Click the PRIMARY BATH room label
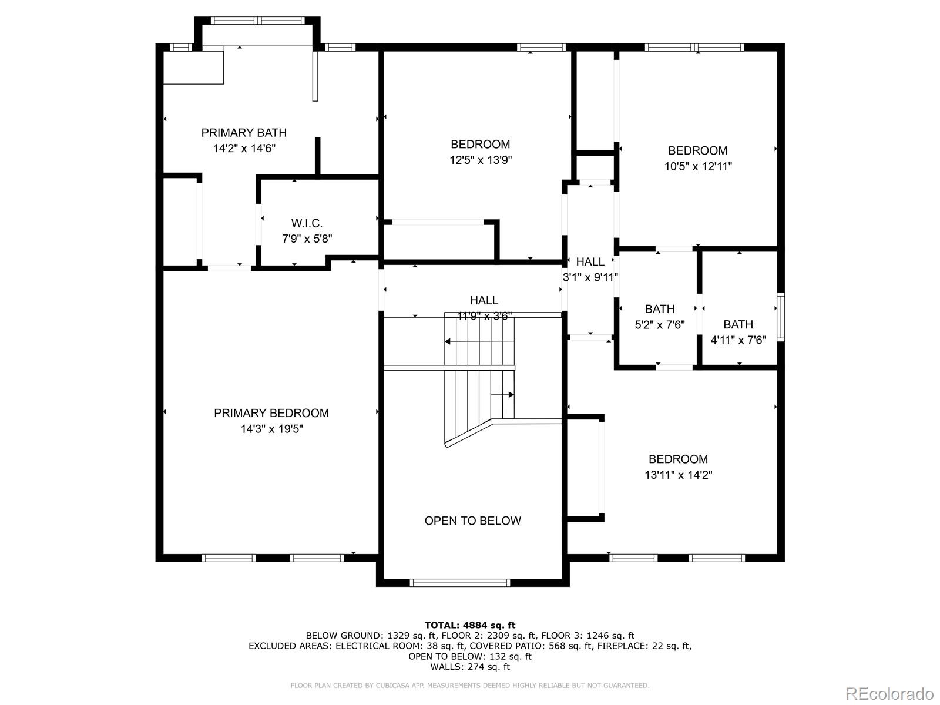click(244, 133)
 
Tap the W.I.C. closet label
click(307, 223)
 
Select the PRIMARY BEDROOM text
click(271, 413)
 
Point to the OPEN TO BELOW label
click(472, 521)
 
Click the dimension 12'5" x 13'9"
click(481, 160)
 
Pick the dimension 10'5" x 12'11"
click(698, 166)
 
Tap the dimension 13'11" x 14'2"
click(678, 475)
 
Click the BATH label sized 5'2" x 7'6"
click(659, 309)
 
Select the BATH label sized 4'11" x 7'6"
click(738, 324)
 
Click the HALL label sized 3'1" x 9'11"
click(590, 262)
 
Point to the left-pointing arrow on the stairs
click(448, 341)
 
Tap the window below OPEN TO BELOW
click(459, 583)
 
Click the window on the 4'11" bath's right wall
click(781, 317)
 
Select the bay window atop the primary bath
click(257, 21)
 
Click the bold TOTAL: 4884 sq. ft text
click(469, 625)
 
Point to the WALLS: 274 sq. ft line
click(469, 667)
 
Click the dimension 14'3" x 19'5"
click(271, 429)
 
